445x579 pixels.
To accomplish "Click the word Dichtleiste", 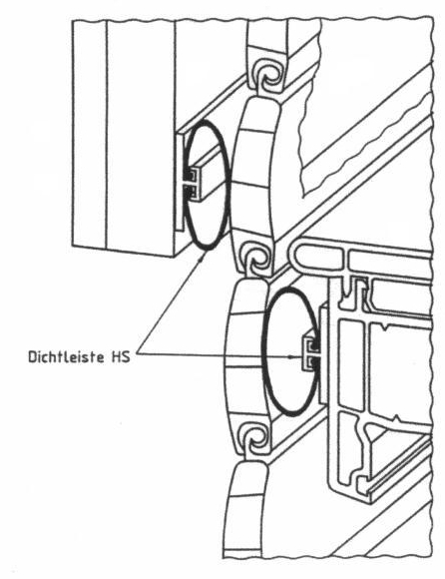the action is [66, 357].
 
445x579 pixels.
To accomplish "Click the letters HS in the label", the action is [121, 357].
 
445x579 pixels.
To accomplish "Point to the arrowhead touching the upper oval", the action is [203, 255].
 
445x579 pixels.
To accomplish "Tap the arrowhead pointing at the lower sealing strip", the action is [292, 357].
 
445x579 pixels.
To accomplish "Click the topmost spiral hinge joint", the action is [268, 77].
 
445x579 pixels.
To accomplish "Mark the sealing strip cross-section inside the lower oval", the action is [311, 353].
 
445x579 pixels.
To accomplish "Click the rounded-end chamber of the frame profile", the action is [318, 257].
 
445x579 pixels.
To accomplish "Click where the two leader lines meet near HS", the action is [139, 353].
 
